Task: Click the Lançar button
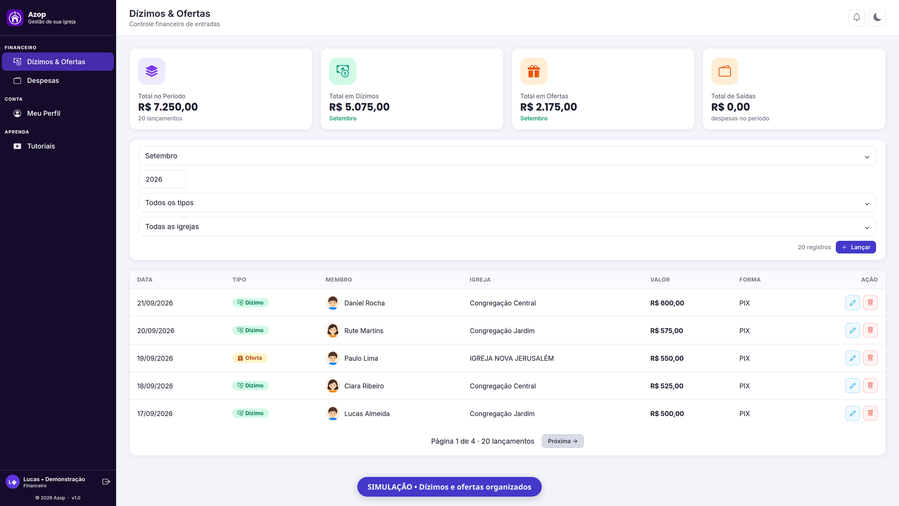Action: point(855,247)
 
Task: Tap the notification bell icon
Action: point(857,18)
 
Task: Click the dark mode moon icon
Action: point(877,18)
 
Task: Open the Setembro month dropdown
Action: point(507,156)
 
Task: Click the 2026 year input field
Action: point(162,179)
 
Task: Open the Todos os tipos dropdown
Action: point(507,203)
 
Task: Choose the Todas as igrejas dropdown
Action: point(507,227)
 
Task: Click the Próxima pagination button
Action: point(562,441)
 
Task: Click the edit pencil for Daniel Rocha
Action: point(853,303)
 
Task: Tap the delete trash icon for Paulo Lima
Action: point(870,358)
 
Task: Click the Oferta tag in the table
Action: point(250,358)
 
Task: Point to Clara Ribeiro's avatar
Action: point(333,386)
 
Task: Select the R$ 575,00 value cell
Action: point(667,331)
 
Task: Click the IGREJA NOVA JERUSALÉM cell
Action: point(512,358)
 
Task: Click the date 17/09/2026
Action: point(155,414)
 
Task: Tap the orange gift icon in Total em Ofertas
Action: point(534,71)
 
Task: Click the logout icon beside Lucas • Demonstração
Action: point(106,482)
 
